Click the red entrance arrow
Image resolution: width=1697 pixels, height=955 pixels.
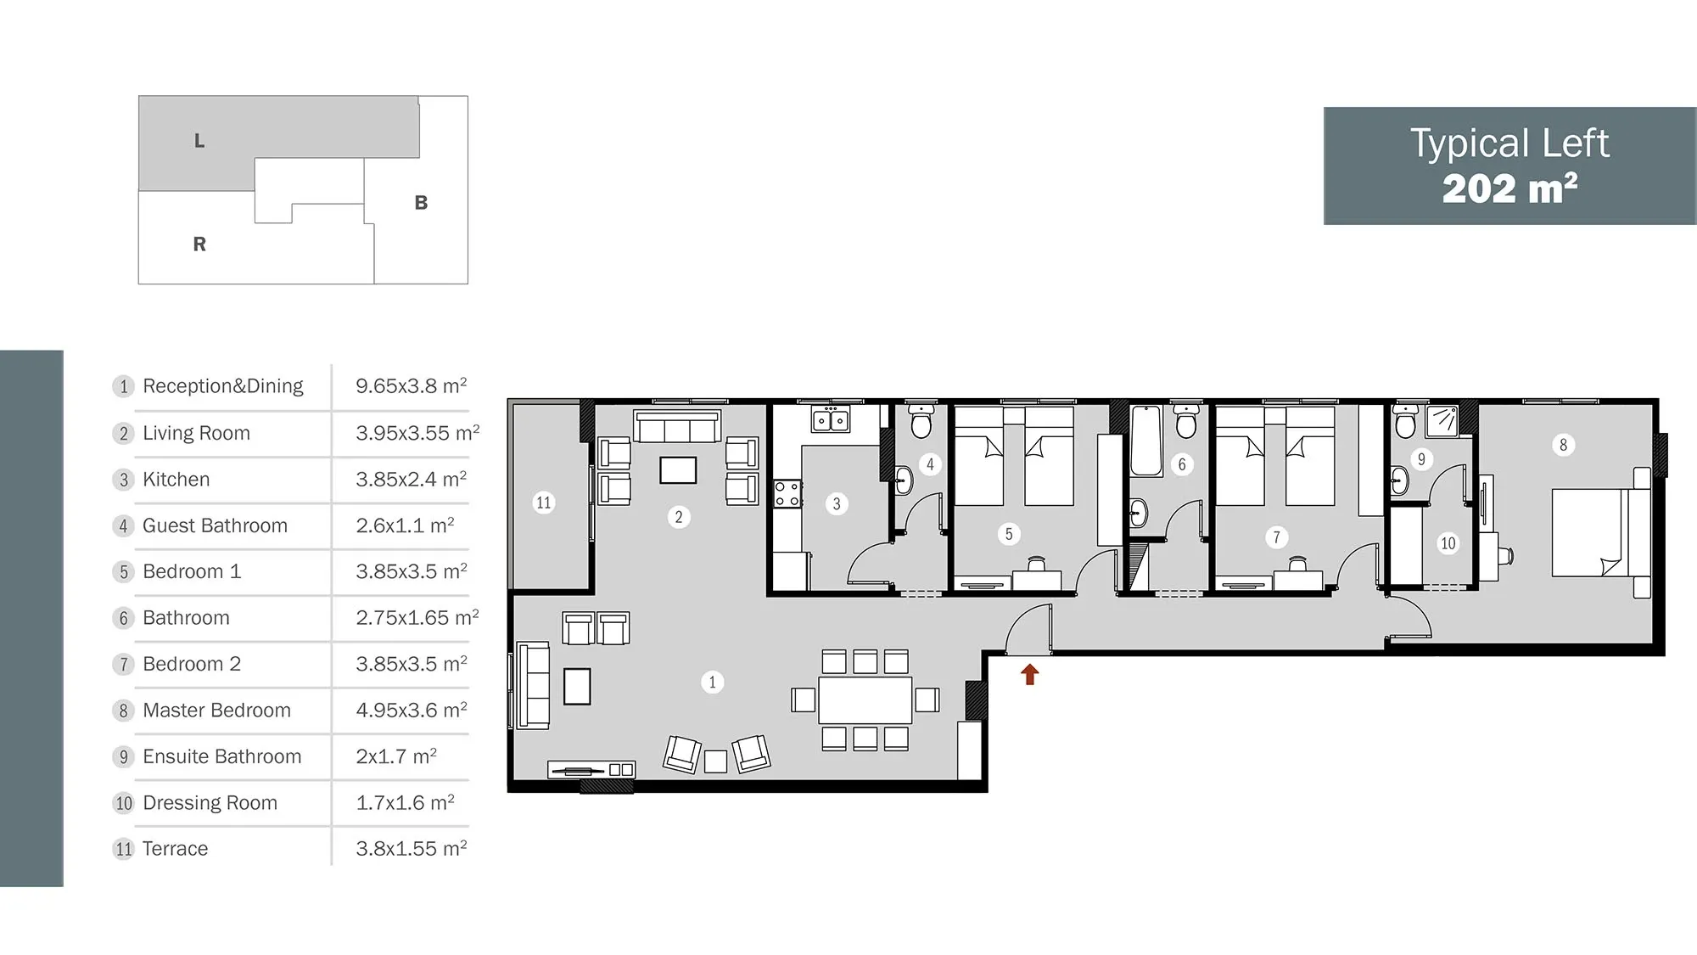tap(1029, 674)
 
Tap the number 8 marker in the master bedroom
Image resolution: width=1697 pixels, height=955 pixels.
tap(1563, 445)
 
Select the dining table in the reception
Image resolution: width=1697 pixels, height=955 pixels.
tap(865, 699)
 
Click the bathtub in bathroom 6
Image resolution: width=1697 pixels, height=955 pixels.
tap(1146, 441)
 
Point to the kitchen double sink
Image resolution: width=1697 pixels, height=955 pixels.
tap(831, 419)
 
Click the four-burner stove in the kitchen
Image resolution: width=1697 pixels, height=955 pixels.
tap(787, 494)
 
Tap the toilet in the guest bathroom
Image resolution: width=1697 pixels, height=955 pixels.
tap(921, 420)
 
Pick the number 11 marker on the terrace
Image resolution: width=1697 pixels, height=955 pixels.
tap(543, 503)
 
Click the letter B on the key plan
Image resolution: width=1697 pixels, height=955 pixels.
tap(421, 203)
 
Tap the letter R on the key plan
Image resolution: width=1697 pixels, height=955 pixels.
tap(199, 244)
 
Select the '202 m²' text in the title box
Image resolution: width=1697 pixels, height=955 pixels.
tap(1509, 188)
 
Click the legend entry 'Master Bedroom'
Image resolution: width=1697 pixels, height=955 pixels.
tap(216, 711)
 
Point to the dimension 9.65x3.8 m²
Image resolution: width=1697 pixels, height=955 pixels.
tap(412, 385)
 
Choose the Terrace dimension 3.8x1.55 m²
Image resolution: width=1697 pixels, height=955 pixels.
tap(412, 848)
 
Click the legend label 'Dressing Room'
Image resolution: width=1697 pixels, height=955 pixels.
tap(210, 803)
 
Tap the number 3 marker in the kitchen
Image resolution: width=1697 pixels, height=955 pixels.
tap(837, 504)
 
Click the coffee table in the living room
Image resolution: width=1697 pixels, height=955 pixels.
tap(678, 470)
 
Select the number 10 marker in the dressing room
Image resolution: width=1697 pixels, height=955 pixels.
tap(1448, 543)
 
